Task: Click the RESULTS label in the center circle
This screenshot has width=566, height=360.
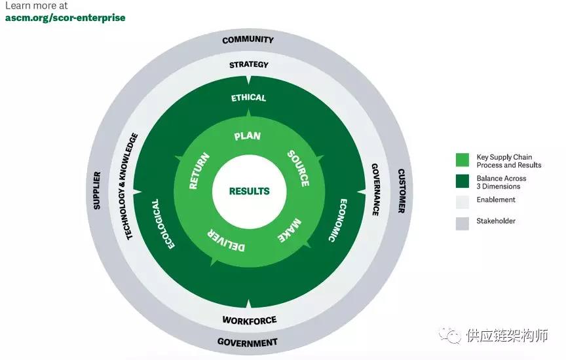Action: pos(249,191)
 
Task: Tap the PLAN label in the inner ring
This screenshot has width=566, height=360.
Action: pos(247,136)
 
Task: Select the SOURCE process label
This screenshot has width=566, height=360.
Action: pos(299,168)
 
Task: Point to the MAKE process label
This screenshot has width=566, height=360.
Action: pos(290,230)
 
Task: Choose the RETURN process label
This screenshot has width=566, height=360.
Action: pos(199,171)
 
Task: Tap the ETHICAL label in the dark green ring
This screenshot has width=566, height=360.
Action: pos(248,98)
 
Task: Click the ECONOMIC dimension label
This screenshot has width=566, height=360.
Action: pos(338,220)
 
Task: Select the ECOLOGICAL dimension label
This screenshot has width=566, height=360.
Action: pos(162,224)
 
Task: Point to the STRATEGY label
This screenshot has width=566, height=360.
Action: pos(249,65)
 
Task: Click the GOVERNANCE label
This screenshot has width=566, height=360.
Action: pos(375,190)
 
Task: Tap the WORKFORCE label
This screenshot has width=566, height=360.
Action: pos(250,320)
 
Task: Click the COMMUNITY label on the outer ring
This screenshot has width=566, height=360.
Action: pos(248,40)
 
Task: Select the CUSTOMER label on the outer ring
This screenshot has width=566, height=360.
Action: pos(401,191)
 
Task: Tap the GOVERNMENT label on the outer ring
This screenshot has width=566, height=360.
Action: pos(247,342)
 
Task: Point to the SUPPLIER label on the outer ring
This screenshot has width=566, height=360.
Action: pos(97,190)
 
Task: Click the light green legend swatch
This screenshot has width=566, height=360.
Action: pos(462,160)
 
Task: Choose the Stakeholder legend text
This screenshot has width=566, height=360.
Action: pos(496,221)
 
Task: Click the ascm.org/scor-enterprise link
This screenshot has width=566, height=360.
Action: pos(66,18)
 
